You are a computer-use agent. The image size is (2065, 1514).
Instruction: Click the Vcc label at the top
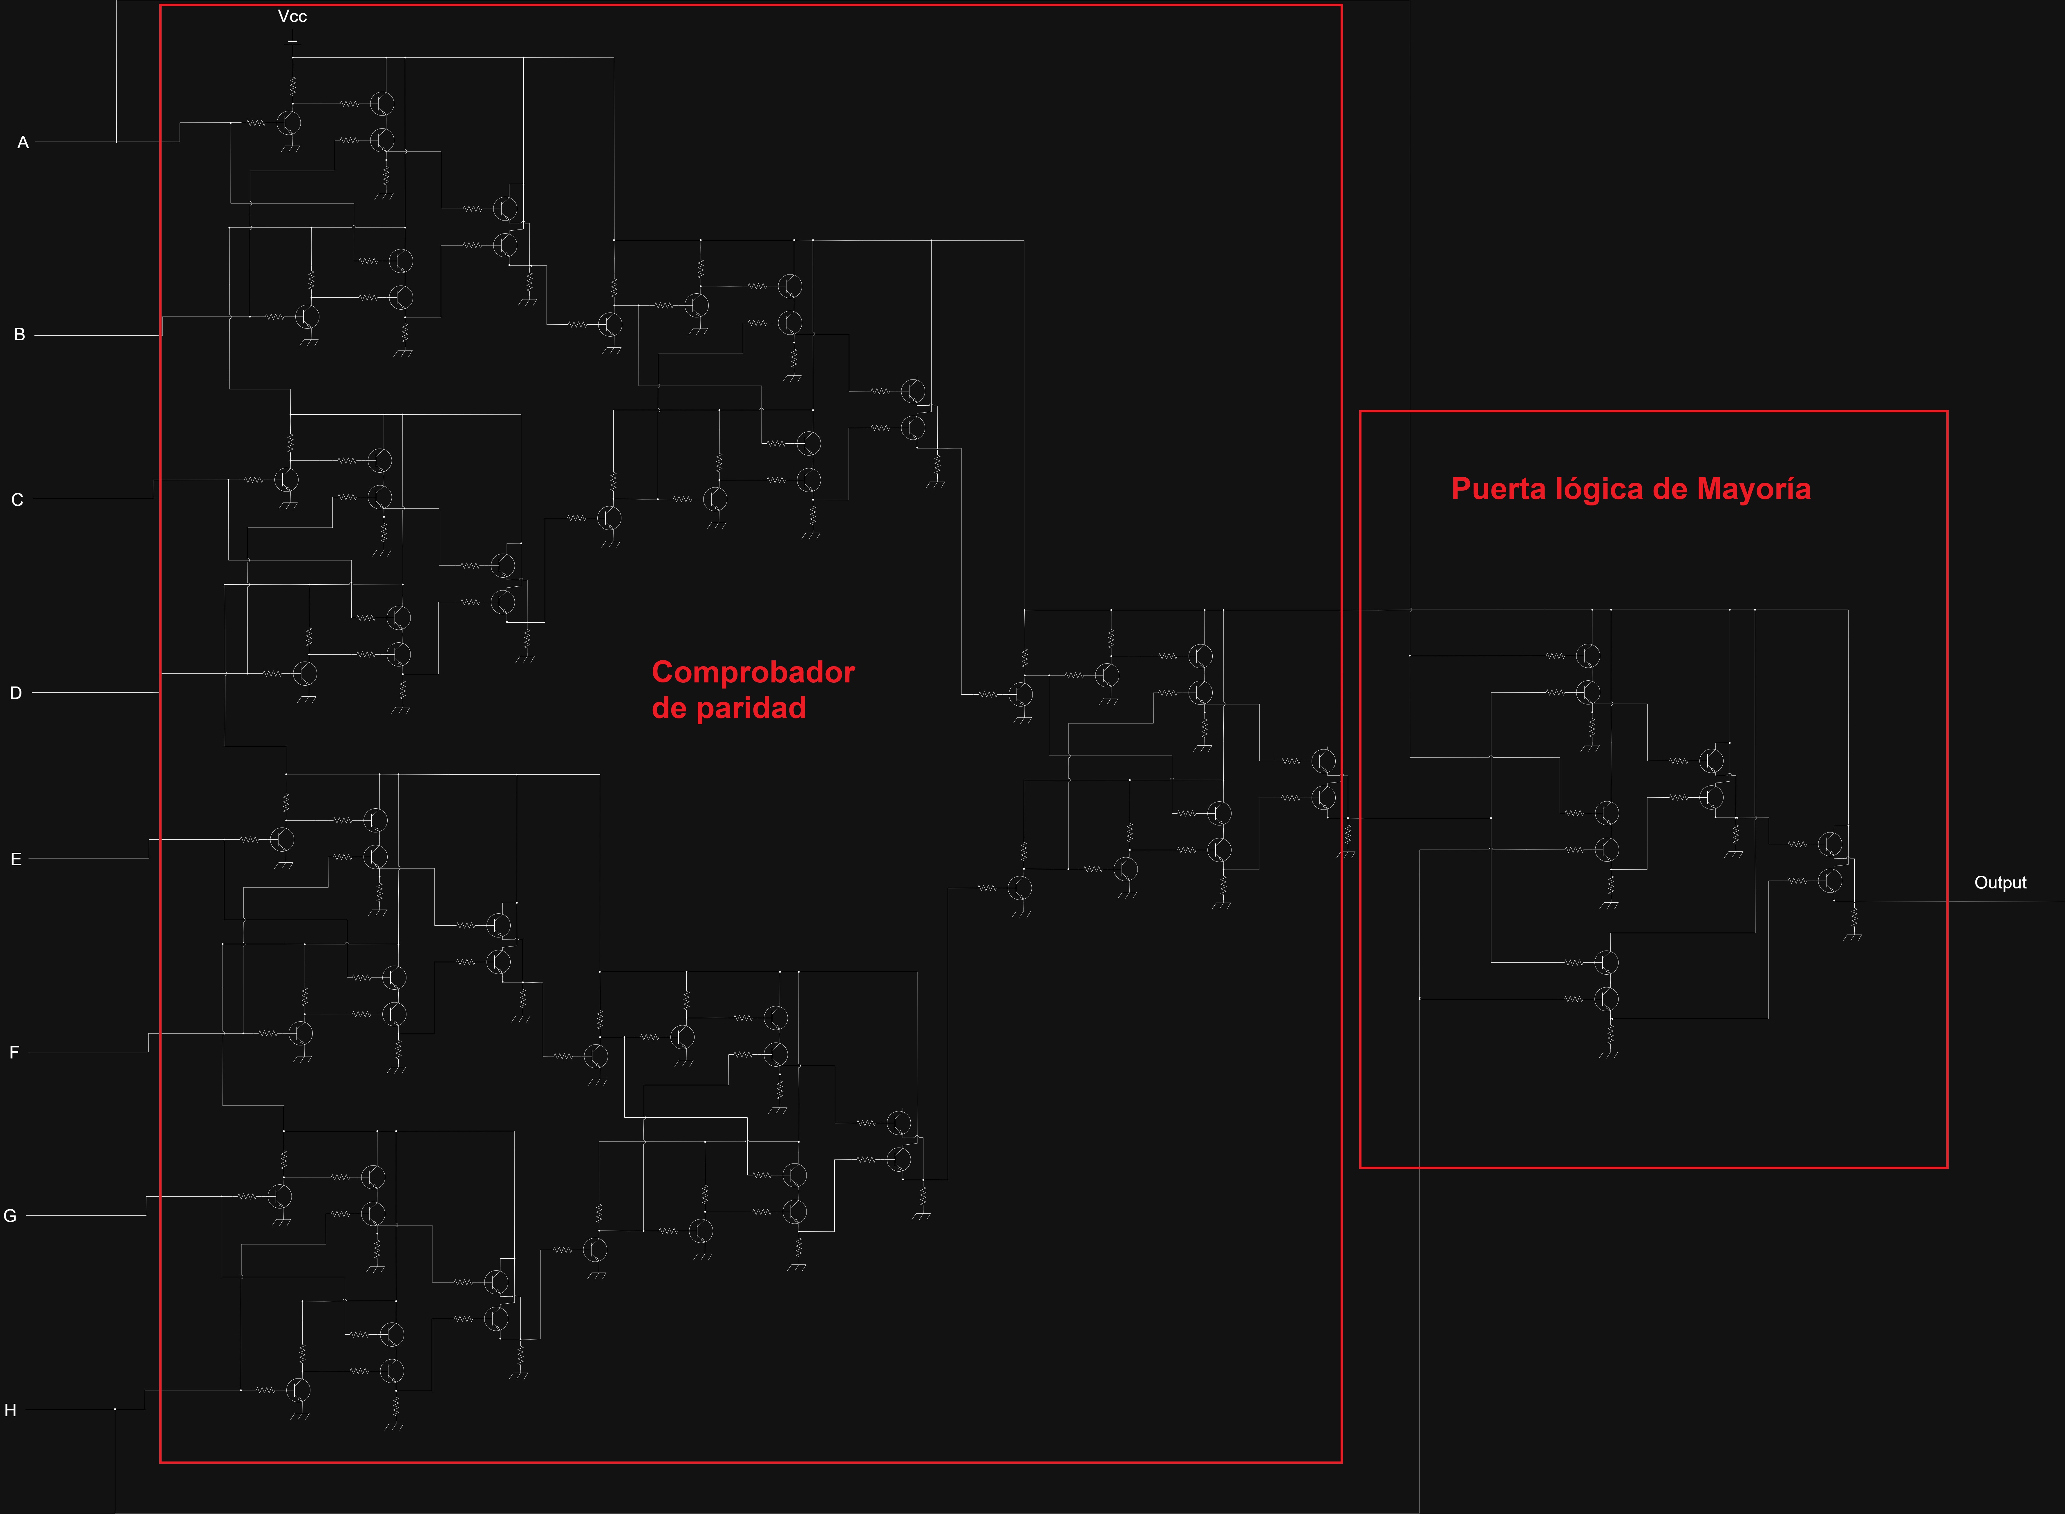[292, 17]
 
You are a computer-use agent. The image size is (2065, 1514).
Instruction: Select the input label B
[19, 335]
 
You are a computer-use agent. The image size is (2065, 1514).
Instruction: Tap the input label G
[10, 1216]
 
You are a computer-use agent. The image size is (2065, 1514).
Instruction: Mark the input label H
[10, 1410]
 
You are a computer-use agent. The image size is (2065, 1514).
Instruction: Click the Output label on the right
[2000, 883]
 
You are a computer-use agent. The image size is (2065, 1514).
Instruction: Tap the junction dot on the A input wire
[116, 142]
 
